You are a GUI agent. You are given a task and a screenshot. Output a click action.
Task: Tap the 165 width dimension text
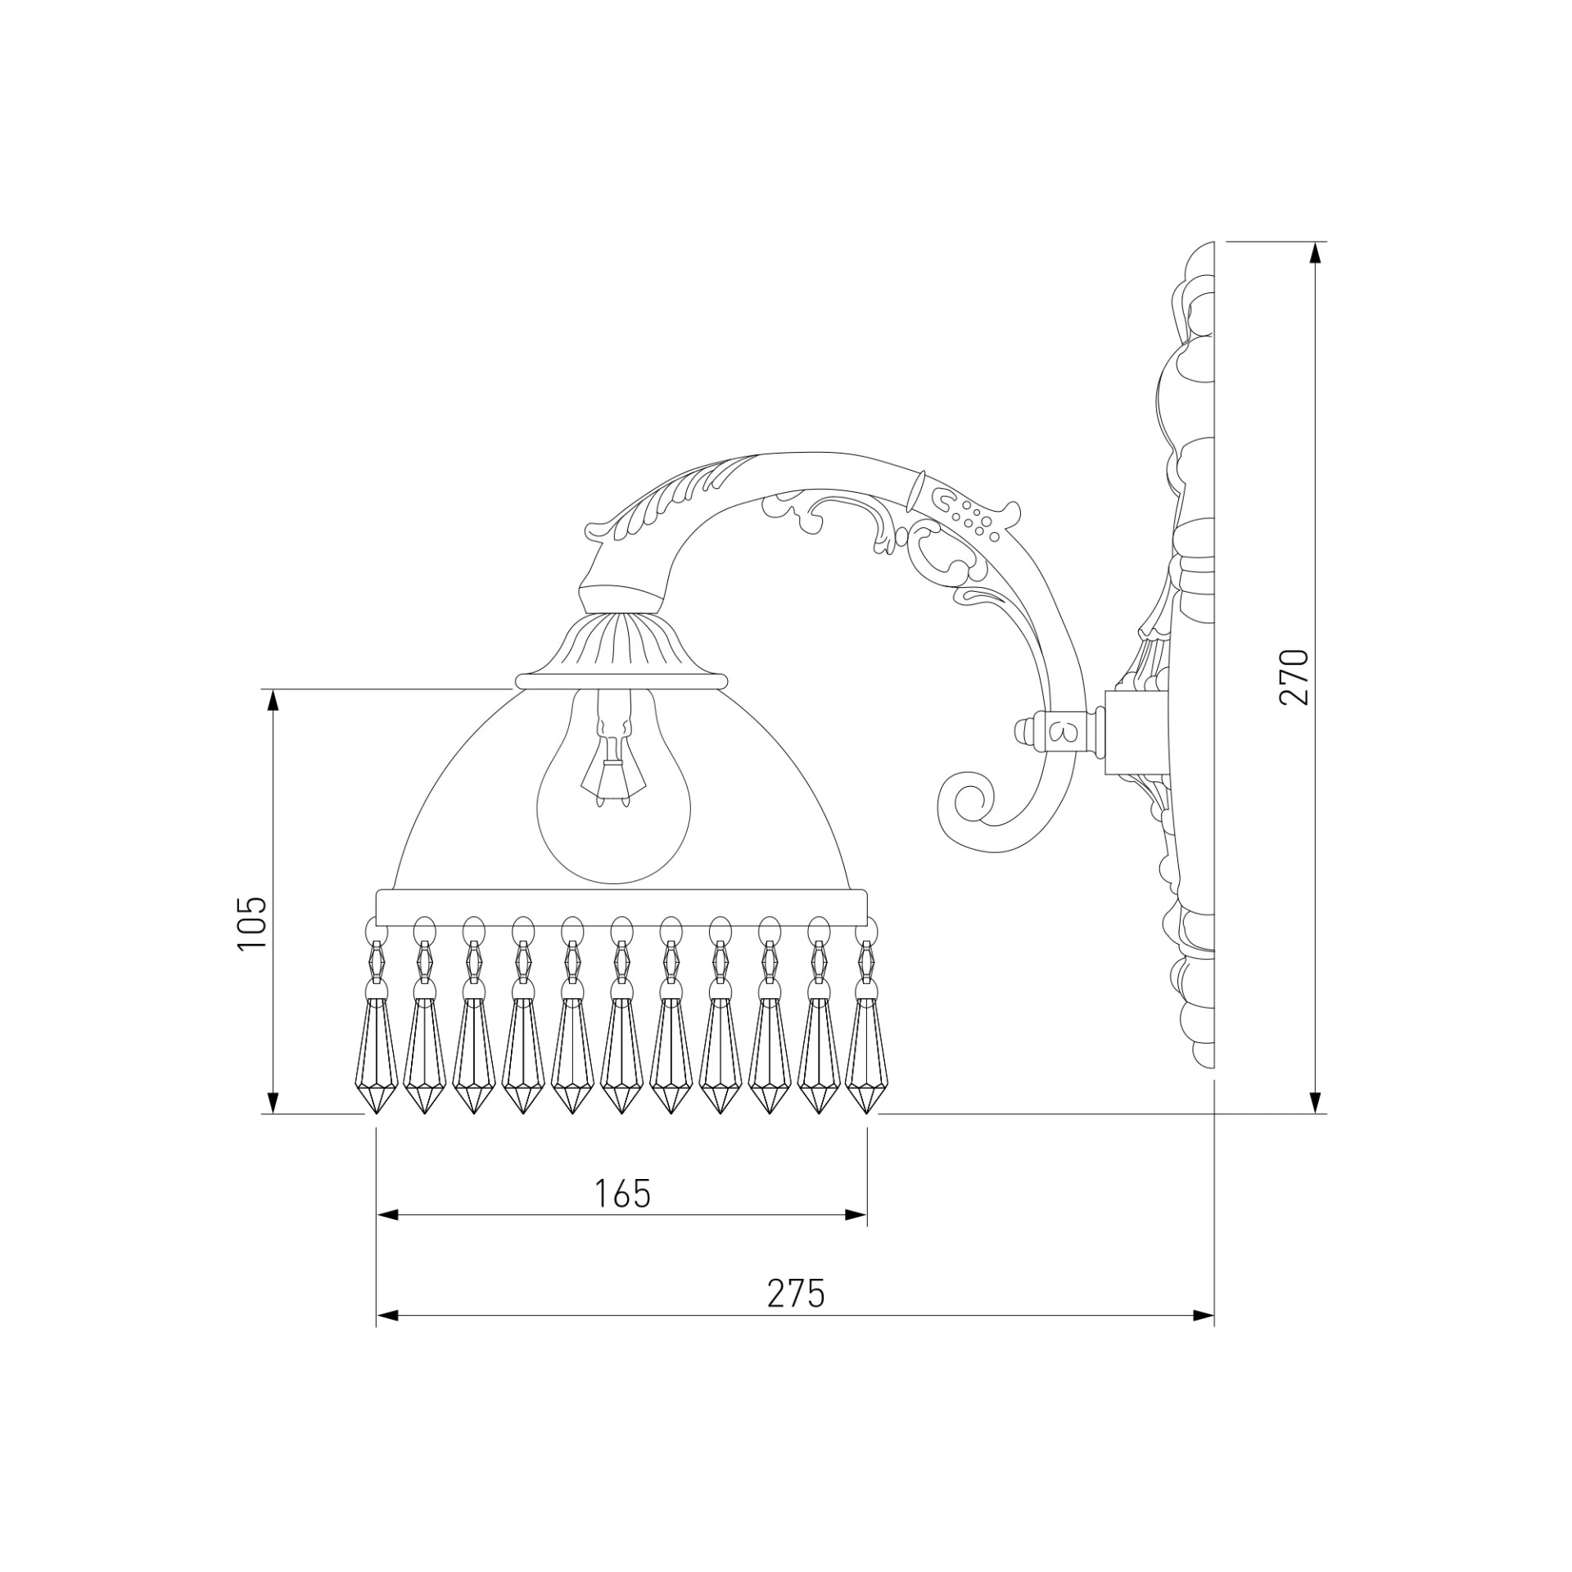[x=622, y=1195]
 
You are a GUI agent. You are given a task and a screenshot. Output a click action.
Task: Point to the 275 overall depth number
[x=796, y=1294]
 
